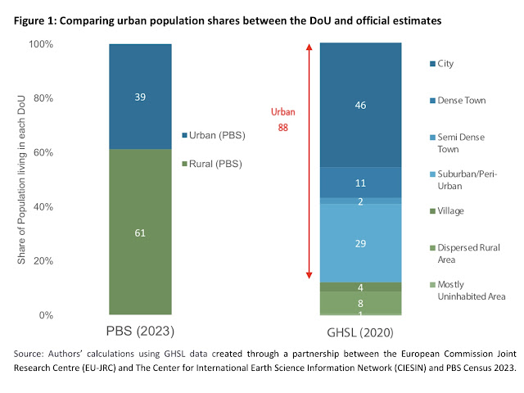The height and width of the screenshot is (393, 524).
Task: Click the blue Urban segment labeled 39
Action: pos(140,96)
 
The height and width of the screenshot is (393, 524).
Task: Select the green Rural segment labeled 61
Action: pos(140,232)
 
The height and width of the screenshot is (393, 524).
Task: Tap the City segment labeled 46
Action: pos(360,105)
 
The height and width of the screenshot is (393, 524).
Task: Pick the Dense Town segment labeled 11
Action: pos(360,183)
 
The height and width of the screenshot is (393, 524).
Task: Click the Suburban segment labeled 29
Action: pos(360,243)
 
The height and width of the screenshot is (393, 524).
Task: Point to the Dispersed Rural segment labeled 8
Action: pos(360,302)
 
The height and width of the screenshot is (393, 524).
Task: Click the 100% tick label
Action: pos(40,43)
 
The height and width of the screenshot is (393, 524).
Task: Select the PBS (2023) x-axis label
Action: pos(140,332)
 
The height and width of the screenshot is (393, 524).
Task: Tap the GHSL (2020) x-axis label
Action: pos(360,332)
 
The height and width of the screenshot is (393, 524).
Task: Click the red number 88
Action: pos(283,127)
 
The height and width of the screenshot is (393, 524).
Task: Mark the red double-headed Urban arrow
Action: pos(309,164)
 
